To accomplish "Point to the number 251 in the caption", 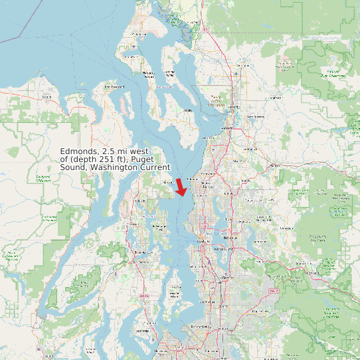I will coord(110,159).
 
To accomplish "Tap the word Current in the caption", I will coord(155,167).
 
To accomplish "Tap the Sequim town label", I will coord(46,97).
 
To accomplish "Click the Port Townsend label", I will coord(114,87).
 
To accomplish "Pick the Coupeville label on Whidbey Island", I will coord(147,74).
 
